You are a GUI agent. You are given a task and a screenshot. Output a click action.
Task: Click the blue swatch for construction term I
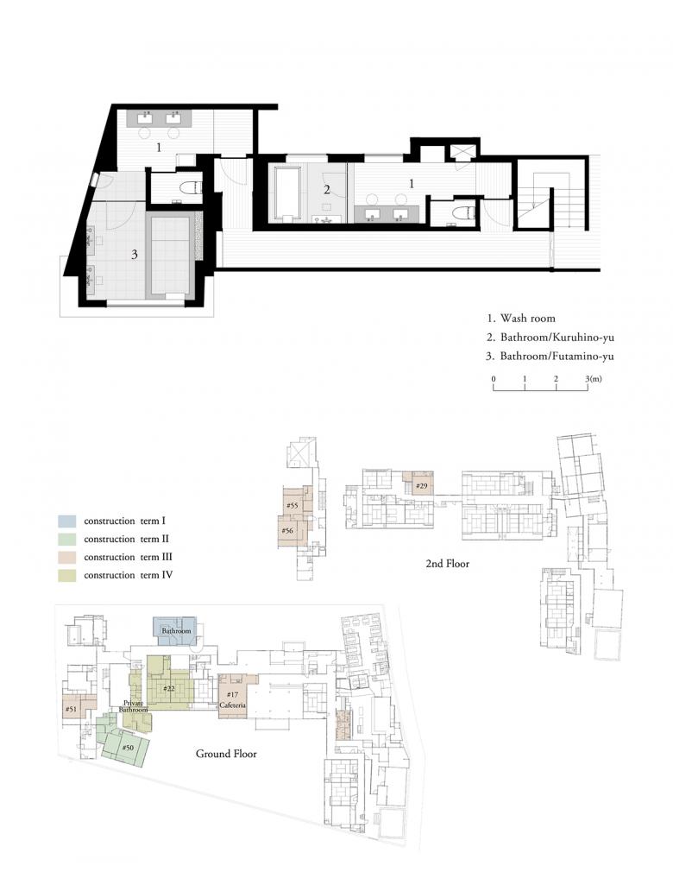point(66,521)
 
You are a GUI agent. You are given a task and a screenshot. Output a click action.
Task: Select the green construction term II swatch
point(66,540)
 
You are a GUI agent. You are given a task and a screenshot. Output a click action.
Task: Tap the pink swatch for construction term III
point(66,558)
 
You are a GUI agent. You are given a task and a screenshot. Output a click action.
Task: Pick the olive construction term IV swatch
point(66,576)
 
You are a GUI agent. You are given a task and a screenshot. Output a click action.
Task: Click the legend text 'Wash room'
point(527,319)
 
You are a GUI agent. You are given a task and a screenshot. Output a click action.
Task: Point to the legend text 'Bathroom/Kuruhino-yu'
point(557,338)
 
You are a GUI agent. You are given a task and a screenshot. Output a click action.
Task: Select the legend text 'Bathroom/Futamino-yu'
point(557,357)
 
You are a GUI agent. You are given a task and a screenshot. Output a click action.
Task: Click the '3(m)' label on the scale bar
point(594,379)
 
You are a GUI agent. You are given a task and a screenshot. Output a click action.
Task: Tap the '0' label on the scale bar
point(494,379)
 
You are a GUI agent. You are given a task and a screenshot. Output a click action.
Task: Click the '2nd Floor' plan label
point(448,564)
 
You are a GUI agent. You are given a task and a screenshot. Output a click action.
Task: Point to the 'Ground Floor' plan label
point(226,754)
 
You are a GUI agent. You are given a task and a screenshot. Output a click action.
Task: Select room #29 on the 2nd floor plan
point(421,486)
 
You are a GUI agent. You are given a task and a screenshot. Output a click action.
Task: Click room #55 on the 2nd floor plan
point(292,505)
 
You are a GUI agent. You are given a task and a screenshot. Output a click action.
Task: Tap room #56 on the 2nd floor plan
point(288,531)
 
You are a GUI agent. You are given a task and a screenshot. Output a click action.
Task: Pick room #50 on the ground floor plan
point(129,747)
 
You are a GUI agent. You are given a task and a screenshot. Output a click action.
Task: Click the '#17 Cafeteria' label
point(232,700)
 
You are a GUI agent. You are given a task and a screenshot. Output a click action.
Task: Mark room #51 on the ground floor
point(71,709)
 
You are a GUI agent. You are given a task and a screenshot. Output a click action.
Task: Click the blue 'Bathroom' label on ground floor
point(176,631)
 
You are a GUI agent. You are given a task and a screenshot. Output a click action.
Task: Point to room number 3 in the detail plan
point(134,255)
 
